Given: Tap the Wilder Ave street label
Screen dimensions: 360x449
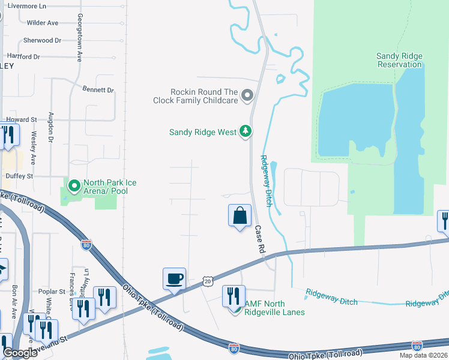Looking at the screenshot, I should pos(43,23).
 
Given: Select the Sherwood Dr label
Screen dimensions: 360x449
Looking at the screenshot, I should pos(42,40).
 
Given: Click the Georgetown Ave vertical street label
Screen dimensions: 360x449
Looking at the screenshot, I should pos(79,38).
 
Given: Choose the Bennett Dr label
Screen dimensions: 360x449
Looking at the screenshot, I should pos(98,90).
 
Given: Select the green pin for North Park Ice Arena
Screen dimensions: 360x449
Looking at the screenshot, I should pos(74,186).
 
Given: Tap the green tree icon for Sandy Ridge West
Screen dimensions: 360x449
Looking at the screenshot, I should pos(245,131).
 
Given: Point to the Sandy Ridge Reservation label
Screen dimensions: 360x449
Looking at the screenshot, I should pos(399,60).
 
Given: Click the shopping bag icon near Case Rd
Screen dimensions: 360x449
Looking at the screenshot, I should pos(240,215).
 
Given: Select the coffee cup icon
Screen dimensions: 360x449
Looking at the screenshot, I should pos(174,279).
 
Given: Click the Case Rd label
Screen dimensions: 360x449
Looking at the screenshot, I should pos(259,238).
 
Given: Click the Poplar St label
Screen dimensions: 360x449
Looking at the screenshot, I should pos(47,292).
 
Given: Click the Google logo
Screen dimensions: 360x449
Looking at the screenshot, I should pos(20,353).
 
